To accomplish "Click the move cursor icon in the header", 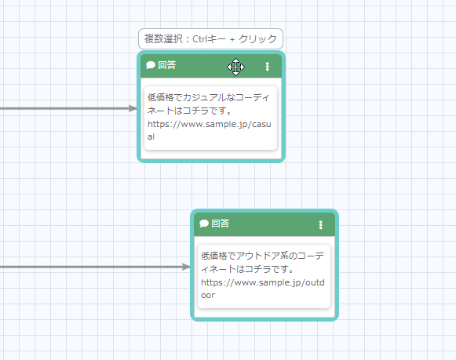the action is pos(236,67).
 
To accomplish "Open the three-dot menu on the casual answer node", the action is pos(268,67).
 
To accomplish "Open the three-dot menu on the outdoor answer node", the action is pos(321,225).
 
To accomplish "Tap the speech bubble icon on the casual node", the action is pos(151,65).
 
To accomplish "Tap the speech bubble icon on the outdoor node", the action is pos(204,224).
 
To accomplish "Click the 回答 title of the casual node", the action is pos(167,65).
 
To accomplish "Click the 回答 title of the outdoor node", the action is pos(221,224).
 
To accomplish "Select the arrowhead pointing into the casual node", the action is pos(133,109).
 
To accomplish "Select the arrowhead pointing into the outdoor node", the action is pos(186,267).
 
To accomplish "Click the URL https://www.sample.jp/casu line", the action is pos(210,125).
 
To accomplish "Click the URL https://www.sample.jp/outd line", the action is pos(263,282).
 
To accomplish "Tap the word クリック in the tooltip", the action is pos(257,38).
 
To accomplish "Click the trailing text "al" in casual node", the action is pos(151,136).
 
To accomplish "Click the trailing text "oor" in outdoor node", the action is pos(208,295).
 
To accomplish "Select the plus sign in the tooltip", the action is pos(232,39).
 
